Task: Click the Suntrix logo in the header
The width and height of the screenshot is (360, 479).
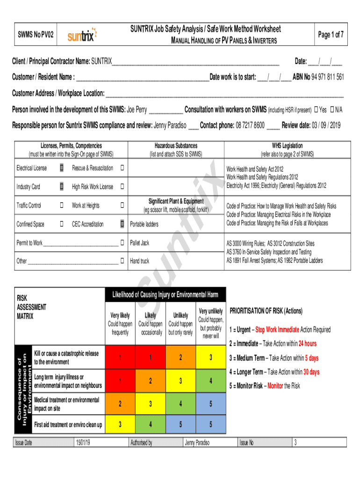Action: pyautogui.click(x=82, y=35)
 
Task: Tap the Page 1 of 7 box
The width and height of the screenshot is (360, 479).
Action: pyautogui.click(x=331, y=35)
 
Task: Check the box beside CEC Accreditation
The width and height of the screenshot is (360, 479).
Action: pyautogui.click(x=122, y=224)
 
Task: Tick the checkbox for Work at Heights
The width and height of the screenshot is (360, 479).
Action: pyautogui.click(x=122, y=205)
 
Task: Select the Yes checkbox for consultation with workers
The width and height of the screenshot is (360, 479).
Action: pyautogui.click(x=316, y=110)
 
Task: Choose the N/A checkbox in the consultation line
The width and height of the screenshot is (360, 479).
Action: pyautogui.click(x=332, y=110)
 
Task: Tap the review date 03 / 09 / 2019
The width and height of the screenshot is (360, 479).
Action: pyautogui.click(x=322, y=126)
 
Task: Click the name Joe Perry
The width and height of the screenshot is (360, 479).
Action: pyautogui.click(x=137, y=110)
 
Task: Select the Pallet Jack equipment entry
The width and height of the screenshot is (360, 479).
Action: pyautogui.click(x=140, y=243)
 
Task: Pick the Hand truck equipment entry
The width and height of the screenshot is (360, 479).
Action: pyautogui.click(x=139, y=261)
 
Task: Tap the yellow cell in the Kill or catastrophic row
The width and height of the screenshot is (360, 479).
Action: pyautogui.click(x=210, y=358)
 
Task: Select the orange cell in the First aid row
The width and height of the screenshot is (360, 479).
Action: pyautogui.click(x=120, y=425)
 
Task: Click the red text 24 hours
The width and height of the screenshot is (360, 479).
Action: pyautogui.click(x=307, y=344)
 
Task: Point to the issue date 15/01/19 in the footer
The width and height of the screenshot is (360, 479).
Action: pyautogui.click(x=84, y=443)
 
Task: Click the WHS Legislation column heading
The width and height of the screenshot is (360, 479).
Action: pyautogui.click(x=287, y=145)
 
